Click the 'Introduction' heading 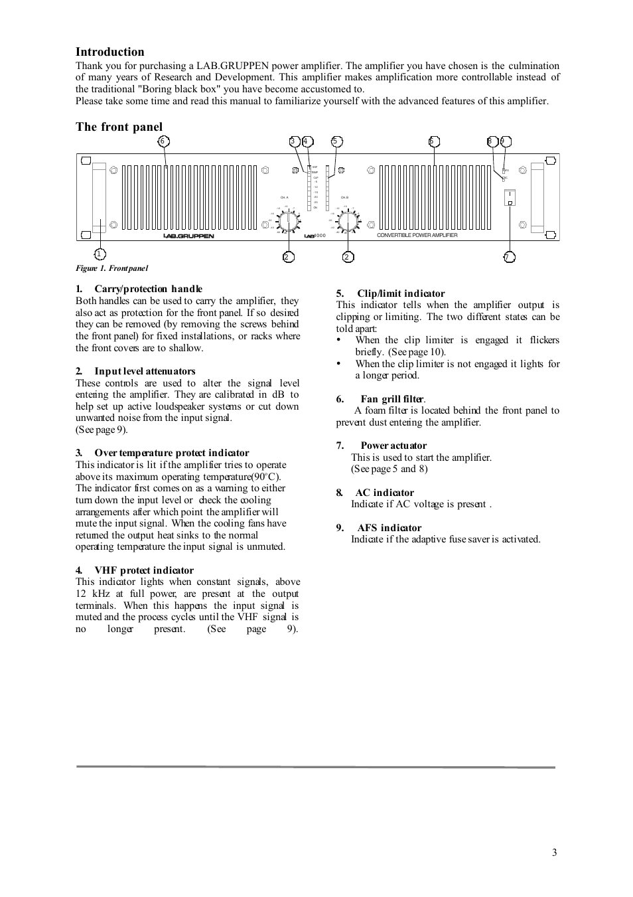click(x=109, y=52)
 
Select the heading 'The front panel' click(x=119, y=127)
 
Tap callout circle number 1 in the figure click(x=100, y=254)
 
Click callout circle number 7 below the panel click(x=509, y=257)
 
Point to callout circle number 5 click(x=336, y=141)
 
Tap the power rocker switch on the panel click(x=510, y=197)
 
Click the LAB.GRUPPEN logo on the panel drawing click(x=189, y=236)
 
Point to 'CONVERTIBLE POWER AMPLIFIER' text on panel click(x=417, y=235)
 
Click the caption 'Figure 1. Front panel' click(x=111, y=268)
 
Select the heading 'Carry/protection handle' click(x=148, y=289)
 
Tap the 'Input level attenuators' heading click(x=145, y=371)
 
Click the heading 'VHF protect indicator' click(x=144, y=570)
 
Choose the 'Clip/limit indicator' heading click(x=401, y=293)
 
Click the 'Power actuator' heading click(x=393, y=446)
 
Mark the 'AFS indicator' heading click(x=389, y=528)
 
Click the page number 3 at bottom click(x=554, y=853)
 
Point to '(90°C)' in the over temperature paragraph click(x=265, y=477)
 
